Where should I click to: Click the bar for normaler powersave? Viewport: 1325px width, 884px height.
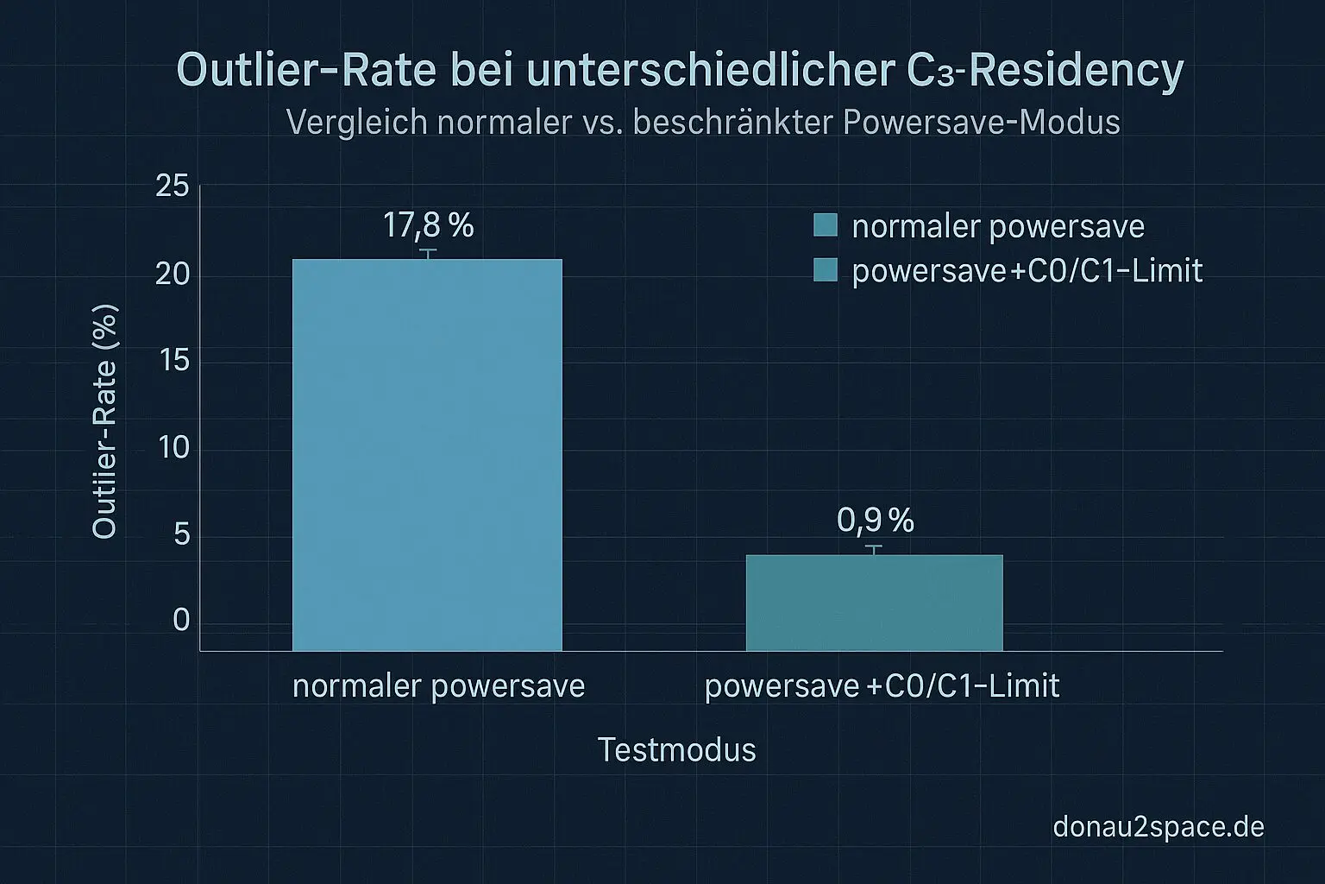(x=427, y=454)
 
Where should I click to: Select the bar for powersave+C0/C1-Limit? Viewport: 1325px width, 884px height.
(x=874, y=602)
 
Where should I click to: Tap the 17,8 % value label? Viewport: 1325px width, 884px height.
(x=428, y=226)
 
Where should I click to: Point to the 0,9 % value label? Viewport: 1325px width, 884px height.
(x=875, y=521)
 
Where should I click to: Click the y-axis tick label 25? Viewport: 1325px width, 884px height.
(x=173, y=186)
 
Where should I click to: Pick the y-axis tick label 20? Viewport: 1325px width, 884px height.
(x=173, y=274)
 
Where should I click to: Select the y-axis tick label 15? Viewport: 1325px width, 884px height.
(x=174, y=360)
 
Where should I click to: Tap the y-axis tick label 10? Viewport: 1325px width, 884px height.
(x=174, y=447)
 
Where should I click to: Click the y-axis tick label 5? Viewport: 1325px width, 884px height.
(x=181, y=534)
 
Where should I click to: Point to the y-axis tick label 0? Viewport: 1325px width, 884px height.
(x=181, y=620)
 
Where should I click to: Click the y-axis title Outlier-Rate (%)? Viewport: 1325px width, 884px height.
(x=105, y=421)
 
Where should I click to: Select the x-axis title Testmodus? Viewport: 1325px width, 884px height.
(x=676, y=749)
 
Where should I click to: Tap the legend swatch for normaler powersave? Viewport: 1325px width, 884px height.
(x=826, y=225)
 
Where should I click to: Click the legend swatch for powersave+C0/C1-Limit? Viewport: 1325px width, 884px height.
(x=826, y=270)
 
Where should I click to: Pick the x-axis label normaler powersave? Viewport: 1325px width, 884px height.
(x=438, y=686)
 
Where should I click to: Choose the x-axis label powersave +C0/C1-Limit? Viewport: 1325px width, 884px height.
(x=882, y=686)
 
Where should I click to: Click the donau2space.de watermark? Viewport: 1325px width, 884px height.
(x=1158, y=827)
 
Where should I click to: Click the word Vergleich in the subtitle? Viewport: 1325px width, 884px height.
(x=356, y=123)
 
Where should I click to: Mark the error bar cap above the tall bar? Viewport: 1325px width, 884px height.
(x=428, y=249)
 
